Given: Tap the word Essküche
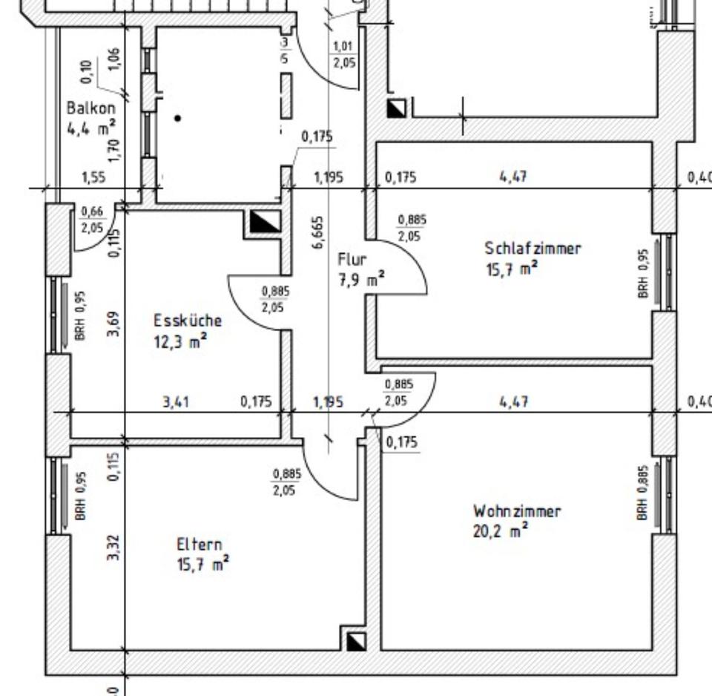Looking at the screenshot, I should pos(188,321).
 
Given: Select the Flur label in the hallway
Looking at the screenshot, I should pos(352,260).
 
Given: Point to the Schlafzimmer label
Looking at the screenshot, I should pos(533,249).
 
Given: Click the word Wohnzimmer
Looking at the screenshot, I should pos(517,511).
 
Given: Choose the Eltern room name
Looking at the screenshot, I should pos(199,545).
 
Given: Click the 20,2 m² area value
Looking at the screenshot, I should pos(501,531).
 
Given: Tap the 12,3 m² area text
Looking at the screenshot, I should pos(180,342).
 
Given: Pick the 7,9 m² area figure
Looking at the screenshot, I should pos(361,281).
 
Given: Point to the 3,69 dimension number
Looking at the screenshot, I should pos(113,324).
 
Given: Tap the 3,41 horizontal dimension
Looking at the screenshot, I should pos(175,401).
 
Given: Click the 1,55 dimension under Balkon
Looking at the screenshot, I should pos(93,177).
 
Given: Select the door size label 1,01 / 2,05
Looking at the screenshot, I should pos(343,56).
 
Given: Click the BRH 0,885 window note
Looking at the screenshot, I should pos(642,492).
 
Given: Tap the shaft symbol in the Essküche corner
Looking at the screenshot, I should pos(265,222).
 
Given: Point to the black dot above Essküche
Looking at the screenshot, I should pos(177,117).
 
